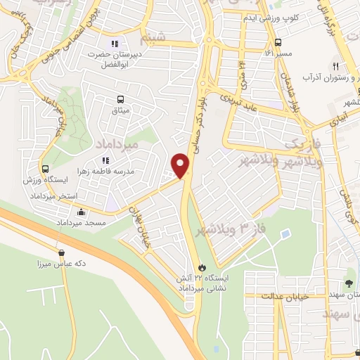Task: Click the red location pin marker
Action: point(181,166)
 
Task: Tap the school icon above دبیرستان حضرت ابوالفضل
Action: point(115,43)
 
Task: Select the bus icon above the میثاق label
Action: point(120,100)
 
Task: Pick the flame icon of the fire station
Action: point(202,268)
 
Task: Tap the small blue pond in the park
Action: point(284,233)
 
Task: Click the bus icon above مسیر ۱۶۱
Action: point(278,41)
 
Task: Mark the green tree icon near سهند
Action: point(350,283)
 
